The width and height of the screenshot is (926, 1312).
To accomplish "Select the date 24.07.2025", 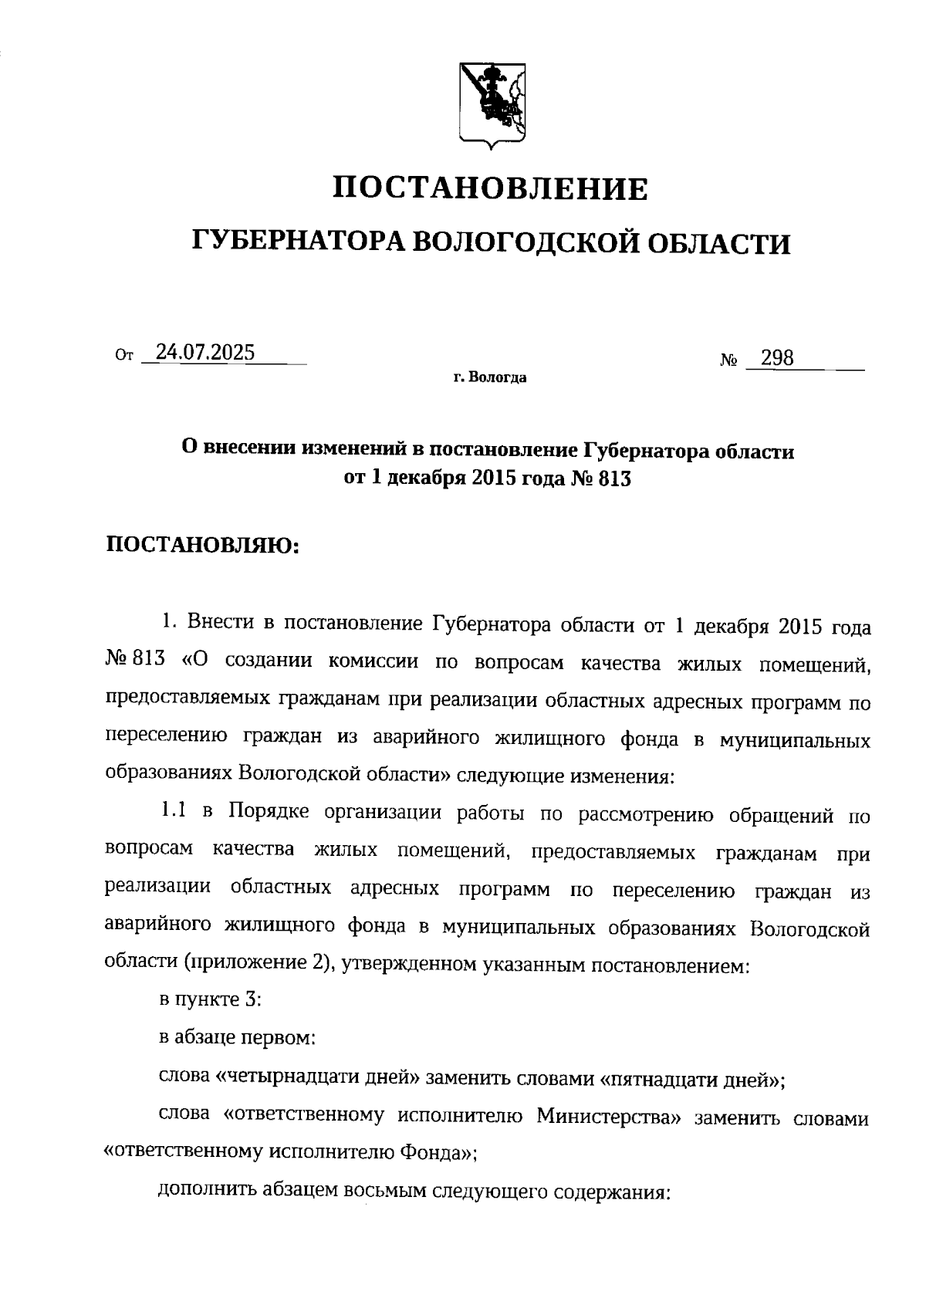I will click(x=204, y=353).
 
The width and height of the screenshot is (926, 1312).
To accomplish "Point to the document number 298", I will click(x=777, y=358).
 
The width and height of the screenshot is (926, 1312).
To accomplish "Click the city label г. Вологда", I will click(x=490, y=379).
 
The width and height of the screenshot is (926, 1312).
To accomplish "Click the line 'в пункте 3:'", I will click(x=211, y=1000).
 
